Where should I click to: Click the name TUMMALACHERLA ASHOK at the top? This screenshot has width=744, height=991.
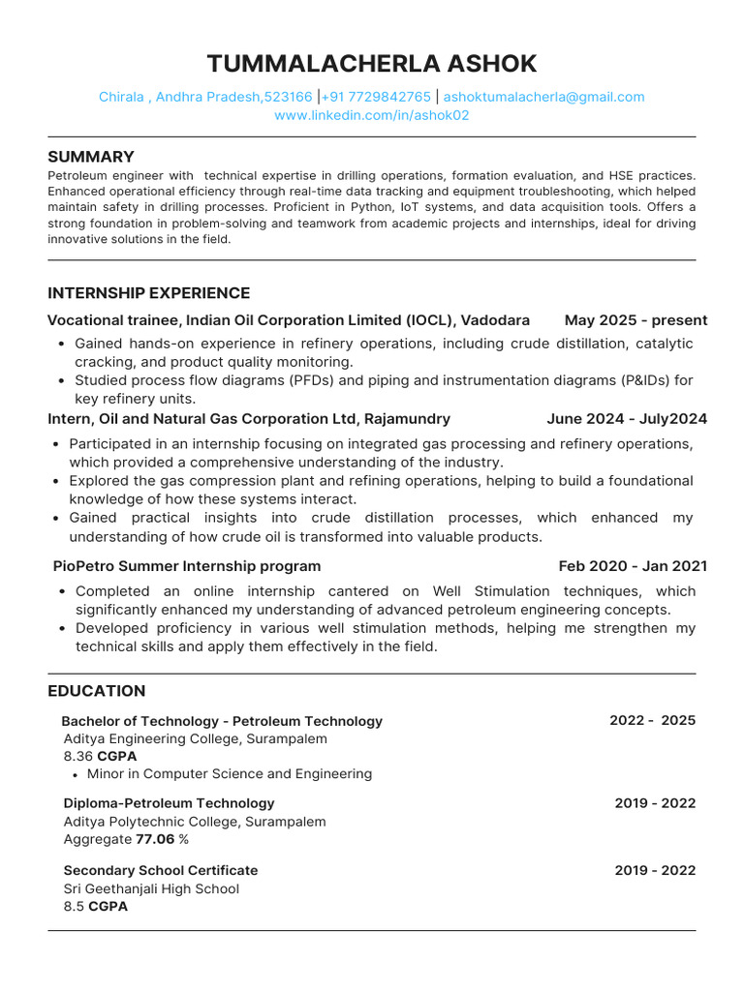pos(372,64)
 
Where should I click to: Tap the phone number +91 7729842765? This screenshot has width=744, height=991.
pos(376,97)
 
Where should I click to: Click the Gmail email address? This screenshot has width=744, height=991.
pos(543,97)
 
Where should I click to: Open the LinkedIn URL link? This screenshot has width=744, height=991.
pos(372,115)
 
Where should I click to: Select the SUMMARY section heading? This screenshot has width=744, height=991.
pos(91,157)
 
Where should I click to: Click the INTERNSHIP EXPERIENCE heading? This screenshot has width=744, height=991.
pos(148,293)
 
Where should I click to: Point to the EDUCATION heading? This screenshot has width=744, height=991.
pos(97,691)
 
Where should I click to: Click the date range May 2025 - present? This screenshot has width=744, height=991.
pos(635,320)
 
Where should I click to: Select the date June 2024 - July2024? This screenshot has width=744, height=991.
pos(627,419)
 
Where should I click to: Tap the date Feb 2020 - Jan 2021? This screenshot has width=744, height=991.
pos(633,566)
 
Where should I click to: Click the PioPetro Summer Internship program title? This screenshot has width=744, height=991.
pos(187,566)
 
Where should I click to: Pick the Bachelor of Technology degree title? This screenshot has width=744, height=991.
pos(222,721)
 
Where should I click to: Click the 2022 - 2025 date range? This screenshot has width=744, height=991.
pos(652,721)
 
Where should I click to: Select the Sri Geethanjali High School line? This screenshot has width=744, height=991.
pos(151,888)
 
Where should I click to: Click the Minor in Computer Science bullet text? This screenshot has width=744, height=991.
pos(229,774)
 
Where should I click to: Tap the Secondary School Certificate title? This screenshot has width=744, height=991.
pos(161,870)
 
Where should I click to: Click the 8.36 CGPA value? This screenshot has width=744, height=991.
pos(100,756)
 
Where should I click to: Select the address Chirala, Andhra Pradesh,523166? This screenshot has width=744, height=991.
pos(205,97)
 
